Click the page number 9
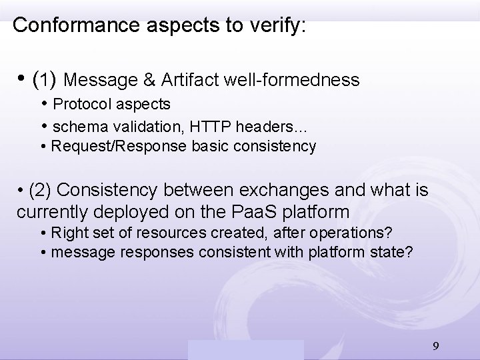pos(435,345)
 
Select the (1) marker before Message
pos(45,81)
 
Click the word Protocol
pos(77,105)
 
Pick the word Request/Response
pos(109,146)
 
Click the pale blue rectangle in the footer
pos(245,349)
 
